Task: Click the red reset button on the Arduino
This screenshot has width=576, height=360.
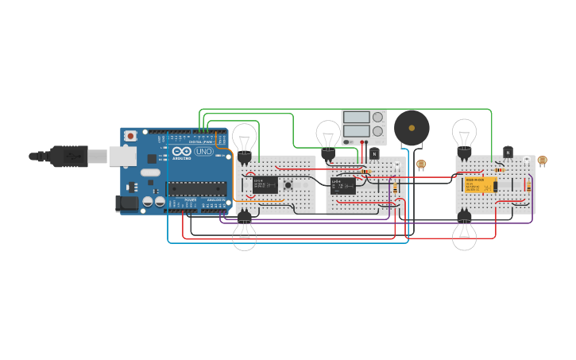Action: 130,136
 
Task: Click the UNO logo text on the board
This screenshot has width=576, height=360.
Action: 203,151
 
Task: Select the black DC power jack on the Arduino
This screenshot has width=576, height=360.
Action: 127,203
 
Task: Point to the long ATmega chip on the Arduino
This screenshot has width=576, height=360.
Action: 195,188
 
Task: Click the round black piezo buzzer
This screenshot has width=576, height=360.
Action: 412,127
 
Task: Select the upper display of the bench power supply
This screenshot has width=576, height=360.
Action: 357,117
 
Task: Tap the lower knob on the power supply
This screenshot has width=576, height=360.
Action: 377,131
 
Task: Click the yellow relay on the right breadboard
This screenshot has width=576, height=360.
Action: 480,185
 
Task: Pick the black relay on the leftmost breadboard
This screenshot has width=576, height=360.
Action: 265,185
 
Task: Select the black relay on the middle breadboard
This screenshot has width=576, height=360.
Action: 343,186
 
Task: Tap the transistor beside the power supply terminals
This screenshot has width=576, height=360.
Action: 374,153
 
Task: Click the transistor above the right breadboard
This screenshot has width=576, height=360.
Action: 508,152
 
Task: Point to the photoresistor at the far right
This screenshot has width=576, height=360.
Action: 542,161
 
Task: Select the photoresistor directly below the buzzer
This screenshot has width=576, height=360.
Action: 421,165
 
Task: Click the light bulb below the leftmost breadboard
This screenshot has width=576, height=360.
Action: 244,233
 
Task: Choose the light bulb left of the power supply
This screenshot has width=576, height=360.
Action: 328,135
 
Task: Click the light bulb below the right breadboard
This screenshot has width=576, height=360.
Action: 464,233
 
